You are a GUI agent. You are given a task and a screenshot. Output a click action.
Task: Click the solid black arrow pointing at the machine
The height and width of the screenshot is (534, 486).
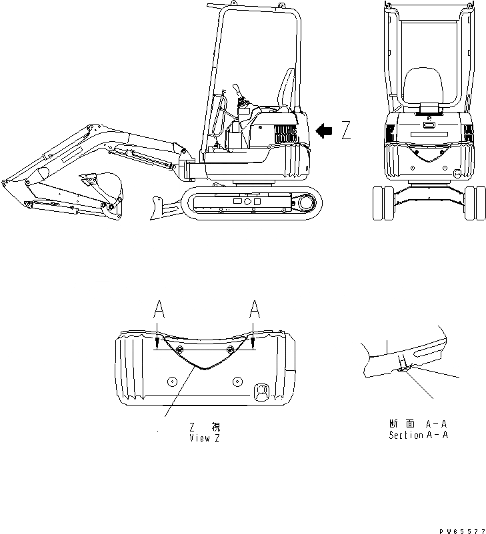point(324,131)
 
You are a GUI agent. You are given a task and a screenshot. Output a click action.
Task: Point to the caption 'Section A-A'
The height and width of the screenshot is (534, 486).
point(418,435)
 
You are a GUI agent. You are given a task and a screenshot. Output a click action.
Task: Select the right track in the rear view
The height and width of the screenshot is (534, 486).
point(474,204)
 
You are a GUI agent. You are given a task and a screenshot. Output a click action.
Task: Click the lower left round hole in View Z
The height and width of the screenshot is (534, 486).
point(172,382)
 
